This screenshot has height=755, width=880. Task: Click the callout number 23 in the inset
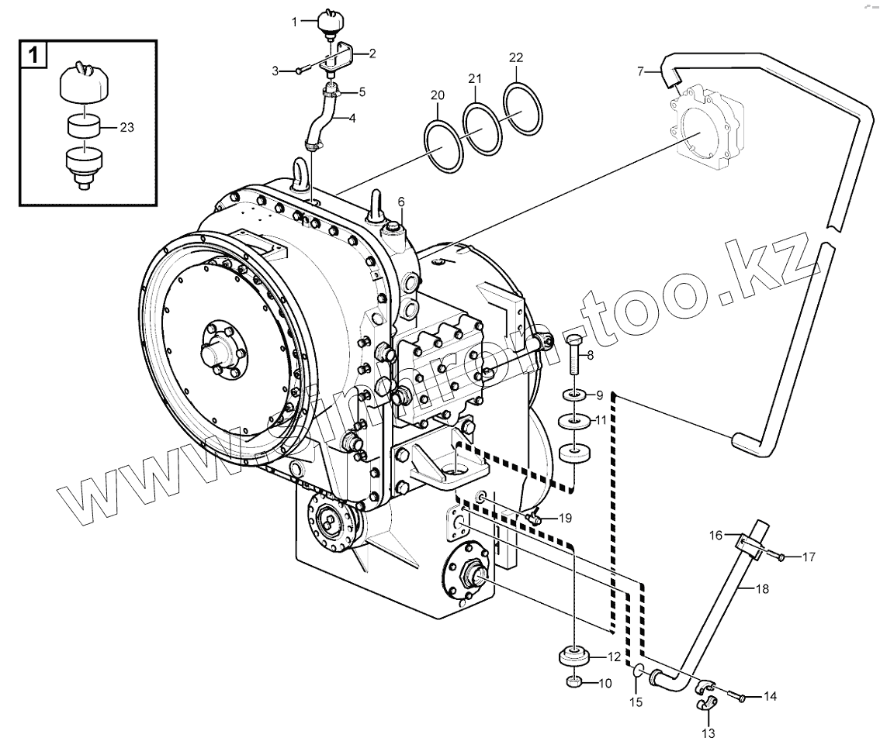[x=127, y=128]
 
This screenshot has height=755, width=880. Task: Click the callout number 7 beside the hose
[x=640, y=71]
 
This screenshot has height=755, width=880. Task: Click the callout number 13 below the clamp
[x=709, y=733]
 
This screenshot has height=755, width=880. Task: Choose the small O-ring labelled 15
[x=637, y=671]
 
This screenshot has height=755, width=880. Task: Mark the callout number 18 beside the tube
[x=762, y=590]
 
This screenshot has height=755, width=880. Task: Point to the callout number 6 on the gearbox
[x=401, y=202]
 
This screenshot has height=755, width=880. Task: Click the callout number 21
[x=475, y=78]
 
